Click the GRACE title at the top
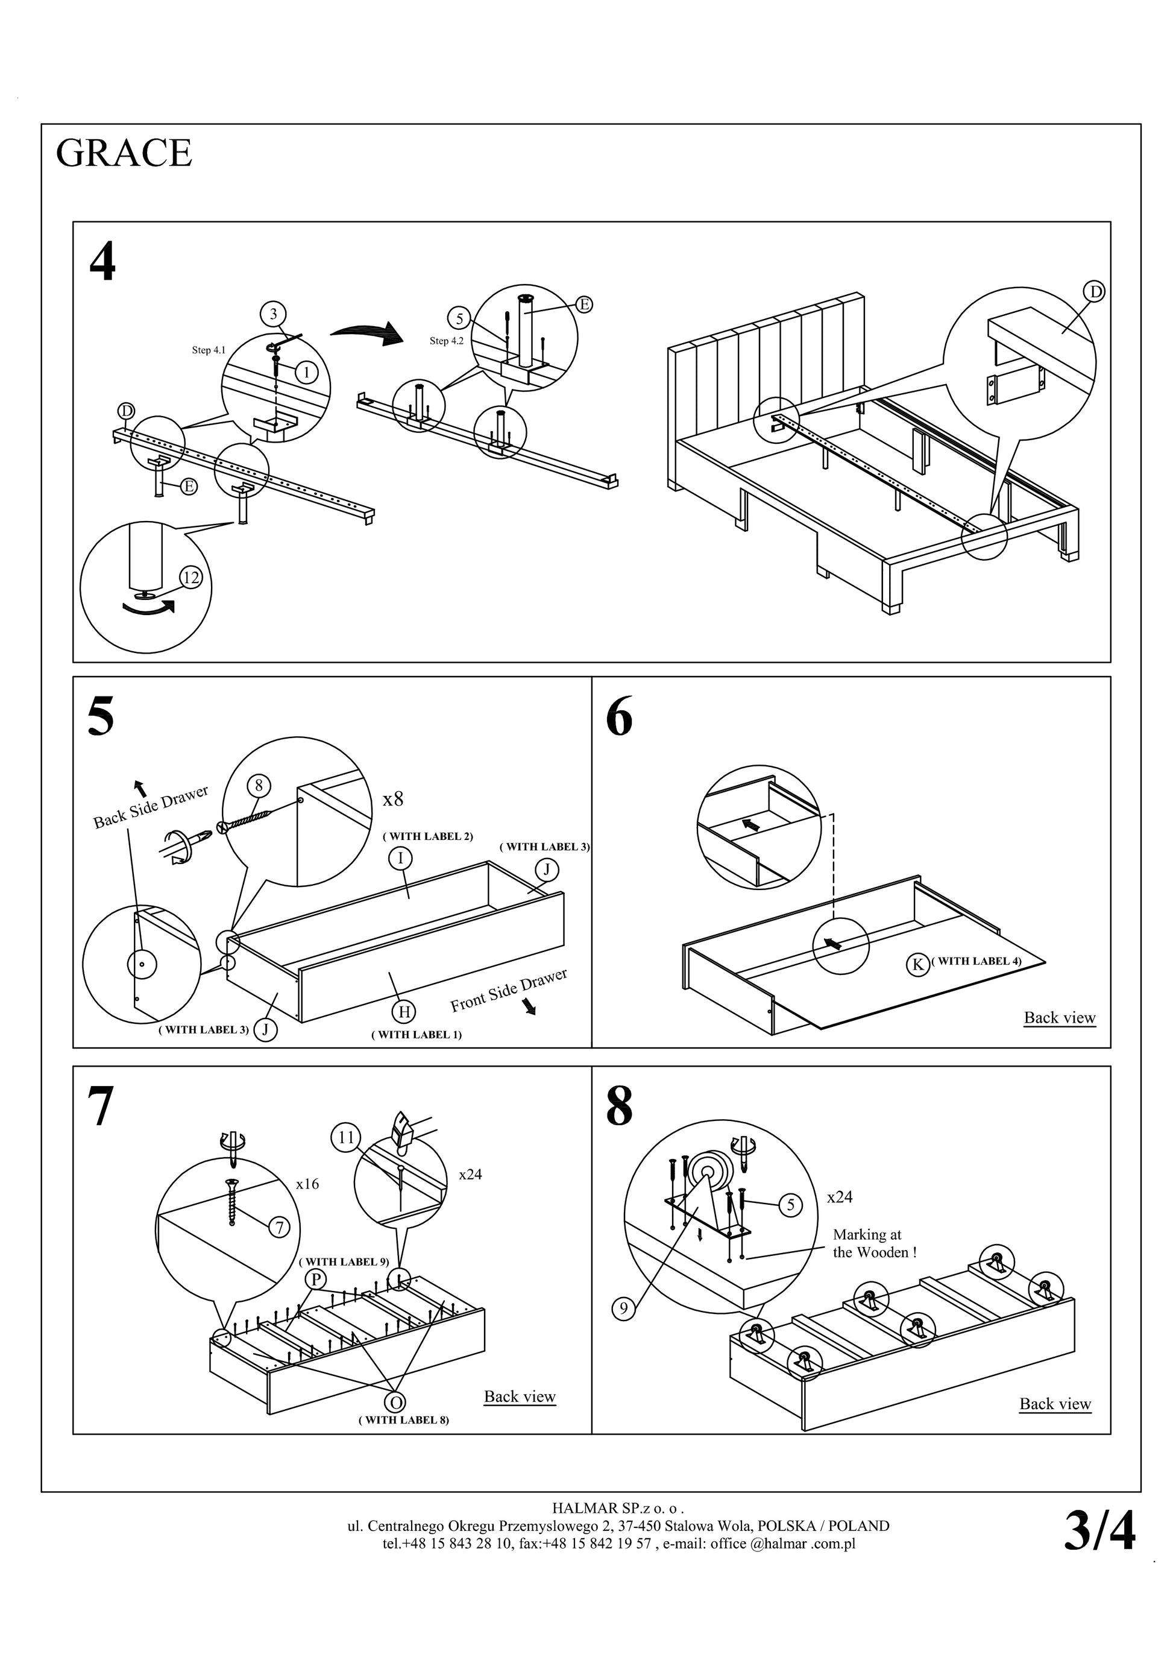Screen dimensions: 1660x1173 124,153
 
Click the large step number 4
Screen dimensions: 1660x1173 102,262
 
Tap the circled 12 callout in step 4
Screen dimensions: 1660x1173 191,578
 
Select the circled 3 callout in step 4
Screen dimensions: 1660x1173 273,314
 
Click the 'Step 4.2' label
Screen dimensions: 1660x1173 446,341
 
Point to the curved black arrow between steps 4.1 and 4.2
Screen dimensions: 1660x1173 366,333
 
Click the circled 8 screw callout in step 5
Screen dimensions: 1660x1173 259,785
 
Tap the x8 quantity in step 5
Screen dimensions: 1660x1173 392,799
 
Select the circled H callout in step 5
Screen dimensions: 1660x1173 404,1011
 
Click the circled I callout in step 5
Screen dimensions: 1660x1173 400,858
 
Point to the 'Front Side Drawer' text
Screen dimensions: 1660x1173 508,989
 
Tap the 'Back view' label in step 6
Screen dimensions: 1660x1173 1060,1017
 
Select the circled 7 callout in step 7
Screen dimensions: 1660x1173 279,1227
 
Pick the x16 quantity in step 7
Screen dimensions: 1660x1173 307,1184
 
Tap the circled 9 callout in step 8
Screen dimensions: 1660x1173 624,1308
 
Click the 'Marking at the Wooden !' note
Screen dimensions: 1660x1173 874,1243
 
